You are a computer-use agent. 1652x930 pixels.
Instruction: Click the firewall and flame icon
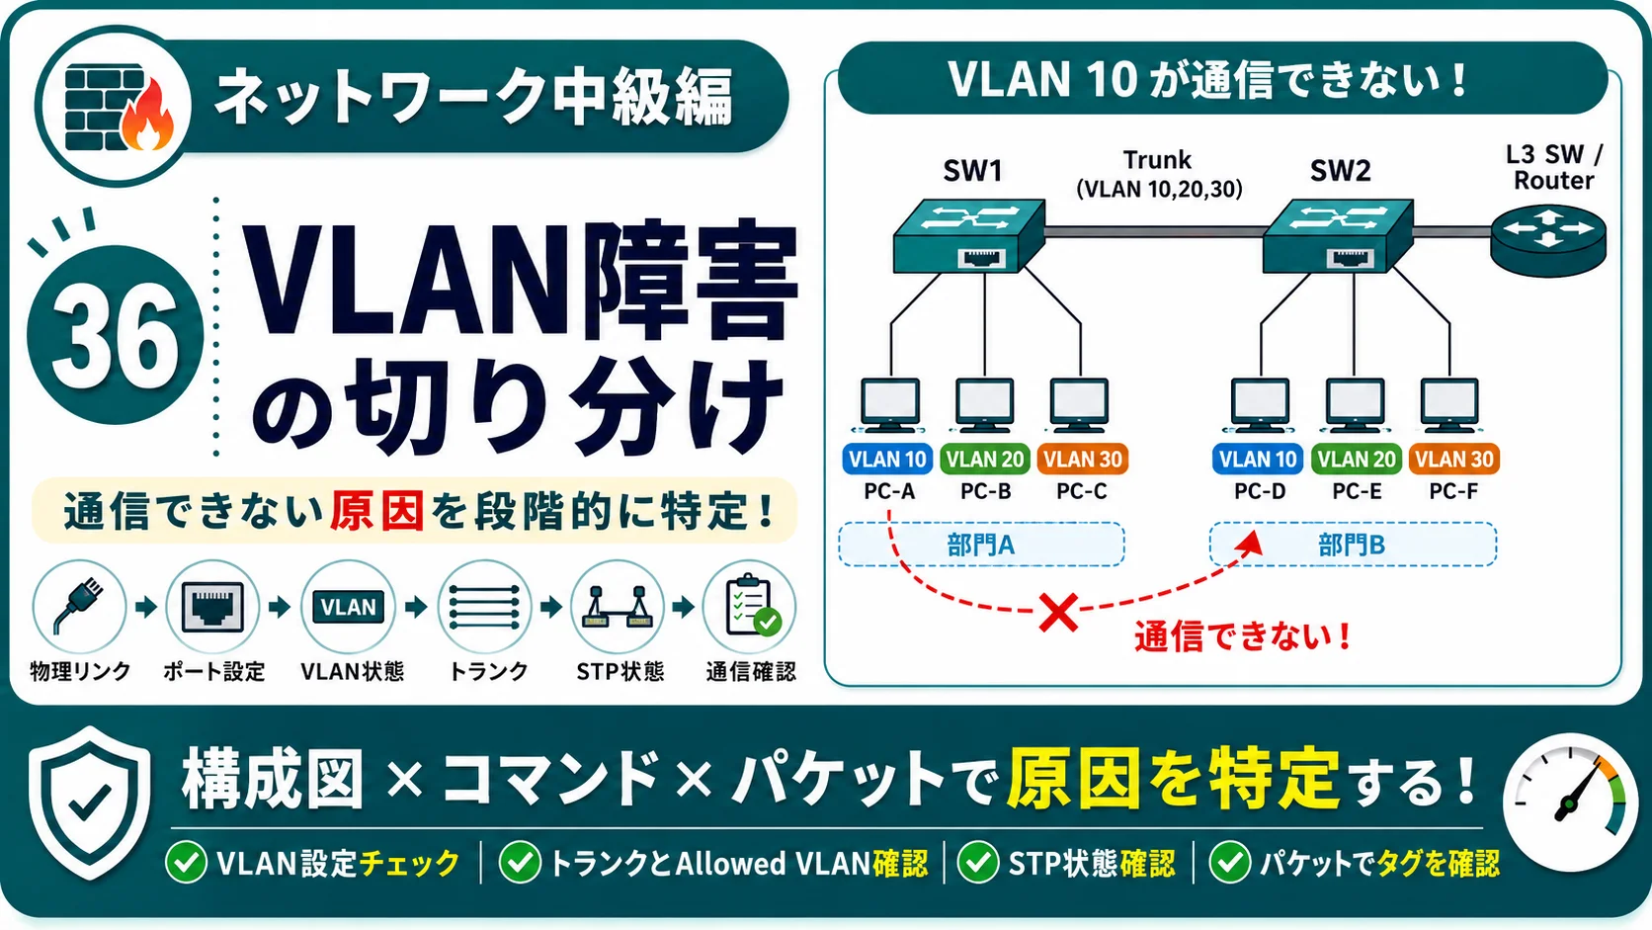pos(118,107)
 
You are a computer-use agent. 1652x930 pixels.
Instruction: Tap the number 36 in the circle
pos(115,336)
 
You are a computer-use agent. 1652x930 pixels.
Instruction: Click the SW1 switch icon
pos(968,235)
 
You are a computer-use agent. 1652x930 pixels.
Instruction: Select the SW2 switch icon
pos(1338,235)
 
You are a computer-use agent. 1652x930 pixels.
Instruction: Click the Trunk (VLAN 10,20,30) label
pos(1158,175)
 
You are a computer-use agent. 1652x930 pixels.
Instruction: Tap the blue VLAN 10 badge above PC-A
pos(887,460)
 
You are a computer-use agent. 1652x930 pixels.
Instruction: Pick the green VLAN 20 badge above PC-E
pos(1357,460)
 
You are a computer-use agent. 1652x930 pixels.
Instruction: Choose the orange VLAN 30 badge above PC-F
pos(1453,460)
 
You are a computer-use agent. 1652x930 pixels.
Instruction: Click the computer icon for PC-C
pos(1079,405)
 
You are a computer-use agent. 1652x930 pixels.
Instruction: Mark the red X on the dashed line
pos(1058,613)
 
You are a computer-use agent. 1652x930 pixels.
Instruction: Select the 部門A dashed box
pos(981,545)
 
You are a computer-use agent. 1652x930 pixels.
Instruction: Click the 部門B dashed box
pos(1353,545)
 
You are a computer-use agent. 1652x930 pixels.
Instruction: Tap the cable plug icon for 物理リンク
pos(79,606)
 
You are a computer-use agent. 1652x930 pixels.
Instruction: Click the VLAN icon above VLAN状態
pos(348,606)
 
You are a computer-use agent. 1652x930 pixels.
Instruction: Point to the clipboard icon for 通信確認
pos(749,606)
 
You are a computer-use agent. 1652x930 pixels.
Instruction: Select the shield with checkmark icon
pos(89,803)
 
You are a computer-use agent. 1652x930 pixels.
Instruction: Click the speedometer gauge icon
pos(1569,803)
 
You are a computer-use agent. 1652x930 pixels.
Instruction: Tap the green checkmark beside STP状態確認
pos(978,862)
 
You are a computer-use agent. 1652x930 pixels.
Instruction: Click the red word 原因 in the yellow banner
pos(376,510)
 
